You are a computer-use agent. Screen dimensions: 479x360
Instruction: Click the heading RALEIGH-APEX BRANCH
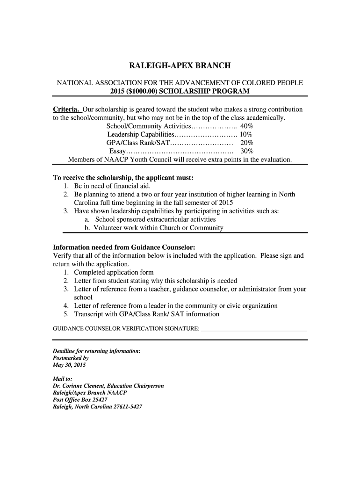[180, 66]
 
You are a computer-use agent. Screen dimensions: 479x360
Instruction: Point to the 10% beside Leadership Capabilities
[246, 135]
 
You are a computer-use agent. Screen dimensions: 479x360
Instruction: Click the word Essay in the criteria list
[117, 152]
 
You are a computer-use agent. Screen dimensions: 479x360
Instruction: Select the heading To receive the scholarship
[123, 178]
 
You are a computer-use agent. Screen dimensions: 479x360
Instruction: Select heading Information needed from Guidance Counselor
[124, 247]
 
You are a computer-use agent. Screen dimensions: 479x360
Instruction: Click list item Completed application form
[114, 272]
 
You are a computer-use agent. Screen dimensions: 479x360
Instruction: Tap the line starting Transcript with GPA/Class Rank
[146, 314]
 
